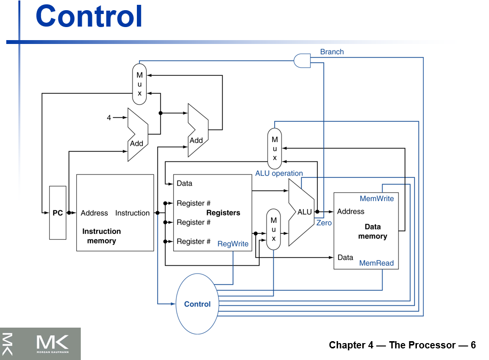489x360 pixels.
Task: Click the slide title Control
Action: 89,16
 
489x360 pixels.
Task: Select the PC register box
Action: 58,213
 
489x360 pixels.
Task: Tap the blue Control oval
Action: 197,304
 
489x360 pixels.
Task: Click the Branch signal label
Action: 332,52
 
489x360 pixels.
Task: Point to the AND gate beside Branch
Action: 302,60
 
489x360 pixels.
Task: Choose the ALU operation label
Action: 279,173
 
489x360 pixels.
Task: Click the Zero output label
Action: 324,223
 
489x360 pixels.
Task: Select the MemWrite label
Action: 377,199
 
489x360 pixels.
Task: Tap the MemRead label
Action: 376,263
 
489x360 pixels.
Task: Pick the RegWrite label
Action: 233,244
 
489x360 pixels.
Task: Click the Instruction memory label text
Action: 102,236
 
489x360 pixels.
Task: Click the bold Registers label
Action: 223,213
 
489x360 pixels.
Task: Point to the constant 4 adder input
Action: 109,117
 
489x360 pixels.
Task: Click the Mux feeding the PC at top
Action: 139,84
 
